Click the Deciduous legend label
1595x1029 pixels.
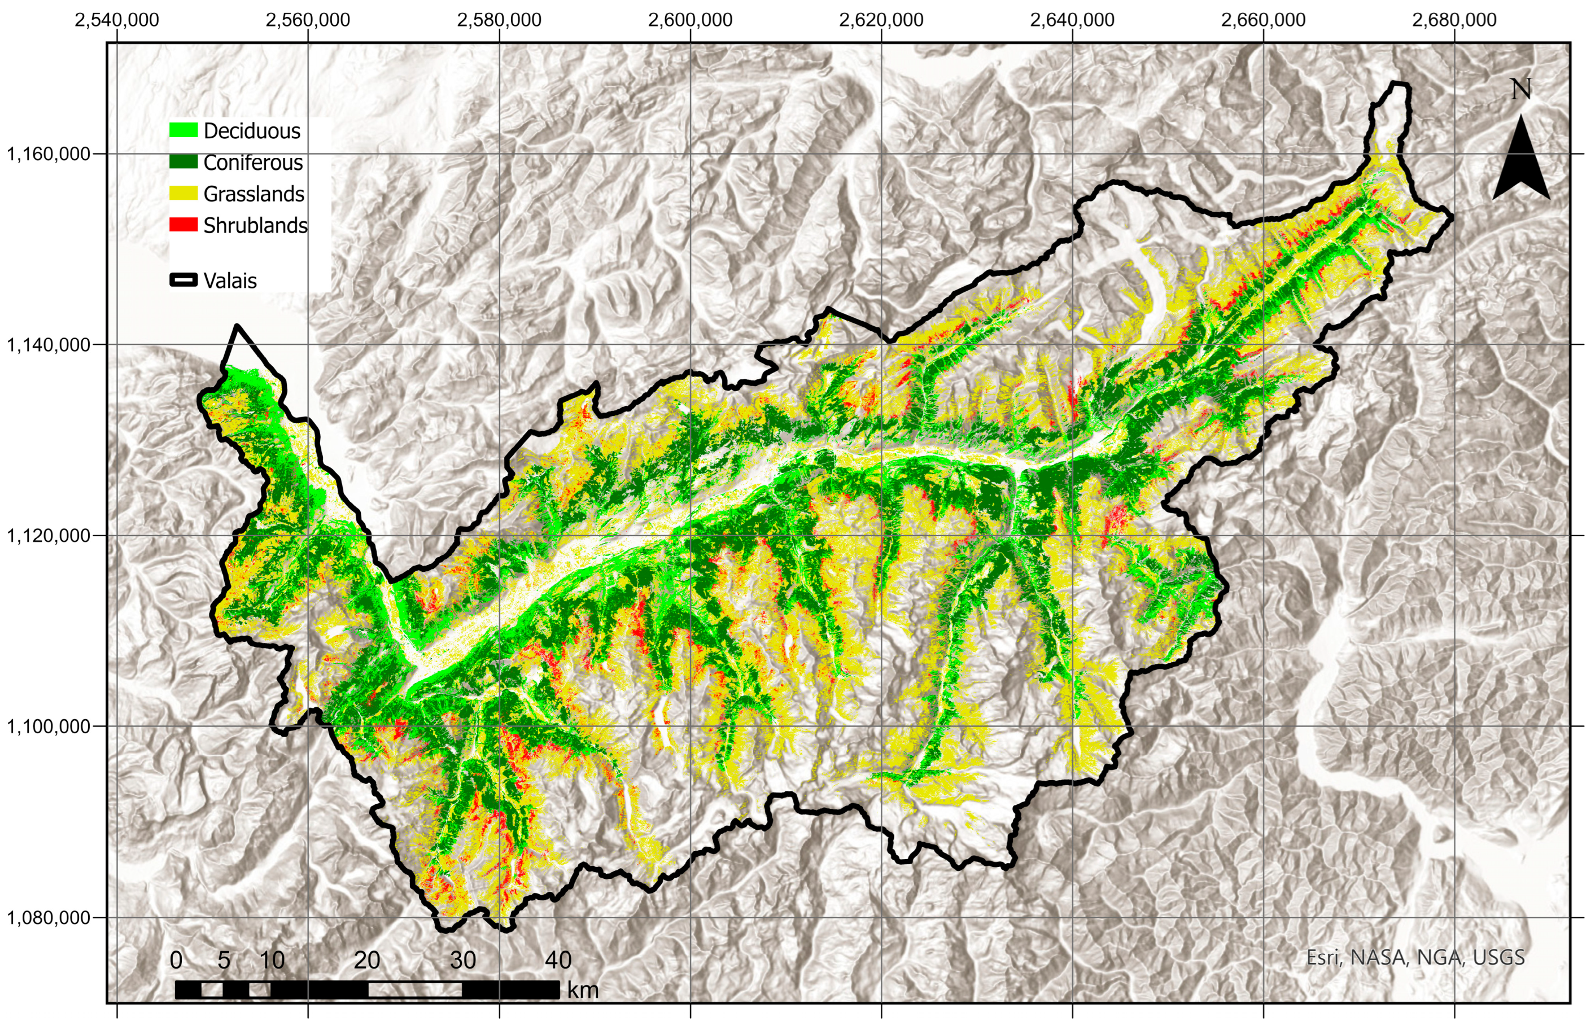tap(252, 131)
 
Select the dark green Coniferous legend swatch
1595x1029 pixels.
tap(183, 161)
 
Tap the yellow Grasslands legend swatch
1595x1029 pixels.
tap(183, 193)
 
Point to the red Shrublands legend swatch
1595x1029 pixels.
tap(183, 225)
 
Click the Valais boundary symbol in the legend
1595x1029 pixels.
tap(183, 280)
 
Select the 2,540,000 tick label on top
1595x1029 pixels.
tap(117, 20)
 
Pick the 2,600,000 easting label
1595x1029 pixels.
tap(691, 20)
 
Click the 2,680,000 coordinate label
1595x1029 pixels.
tap(1454, 20)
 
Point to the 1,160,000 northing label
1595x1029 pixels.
tap(48, 154)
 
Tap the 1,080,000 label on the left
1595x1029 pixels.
tap(48, 917)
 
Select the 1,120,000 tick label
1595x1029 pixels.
tap(48, 535)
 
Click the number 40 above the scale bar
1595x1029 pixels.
tap(558, 960)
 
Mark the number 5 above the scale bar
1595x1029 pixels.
tap(224, 960)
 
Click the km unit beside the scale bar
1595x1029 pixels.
tap(583, 989)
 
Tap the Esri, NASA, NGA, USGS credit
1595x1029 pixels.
tap(1415, 957)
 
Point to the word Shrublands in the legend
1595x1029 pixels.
tap(255, 226)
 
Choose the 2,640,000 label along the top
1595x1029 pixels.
tap(1072, 20)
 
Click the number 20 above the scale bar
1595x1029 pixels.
tap(367, 960)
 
